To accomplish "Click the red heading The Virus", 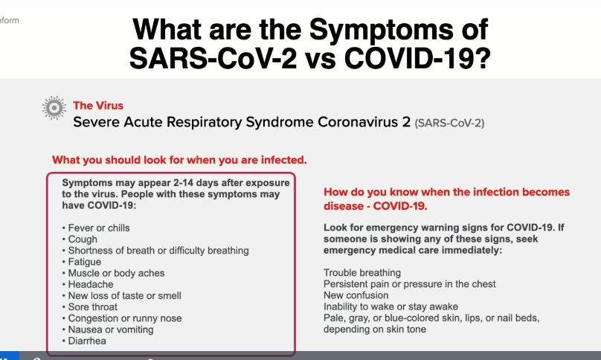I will [98, 105].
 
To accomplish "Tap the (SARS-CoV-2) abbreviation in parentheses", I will [449, 122].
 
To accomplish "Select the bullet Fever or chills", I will [100, 228].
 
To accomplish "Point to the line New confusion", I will [356, 295].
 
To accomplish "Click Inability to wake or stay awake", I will [391, 306].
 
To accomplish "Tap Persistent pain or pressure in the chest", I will [410, 284].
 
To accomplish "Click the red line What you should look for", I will [179, 160].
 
